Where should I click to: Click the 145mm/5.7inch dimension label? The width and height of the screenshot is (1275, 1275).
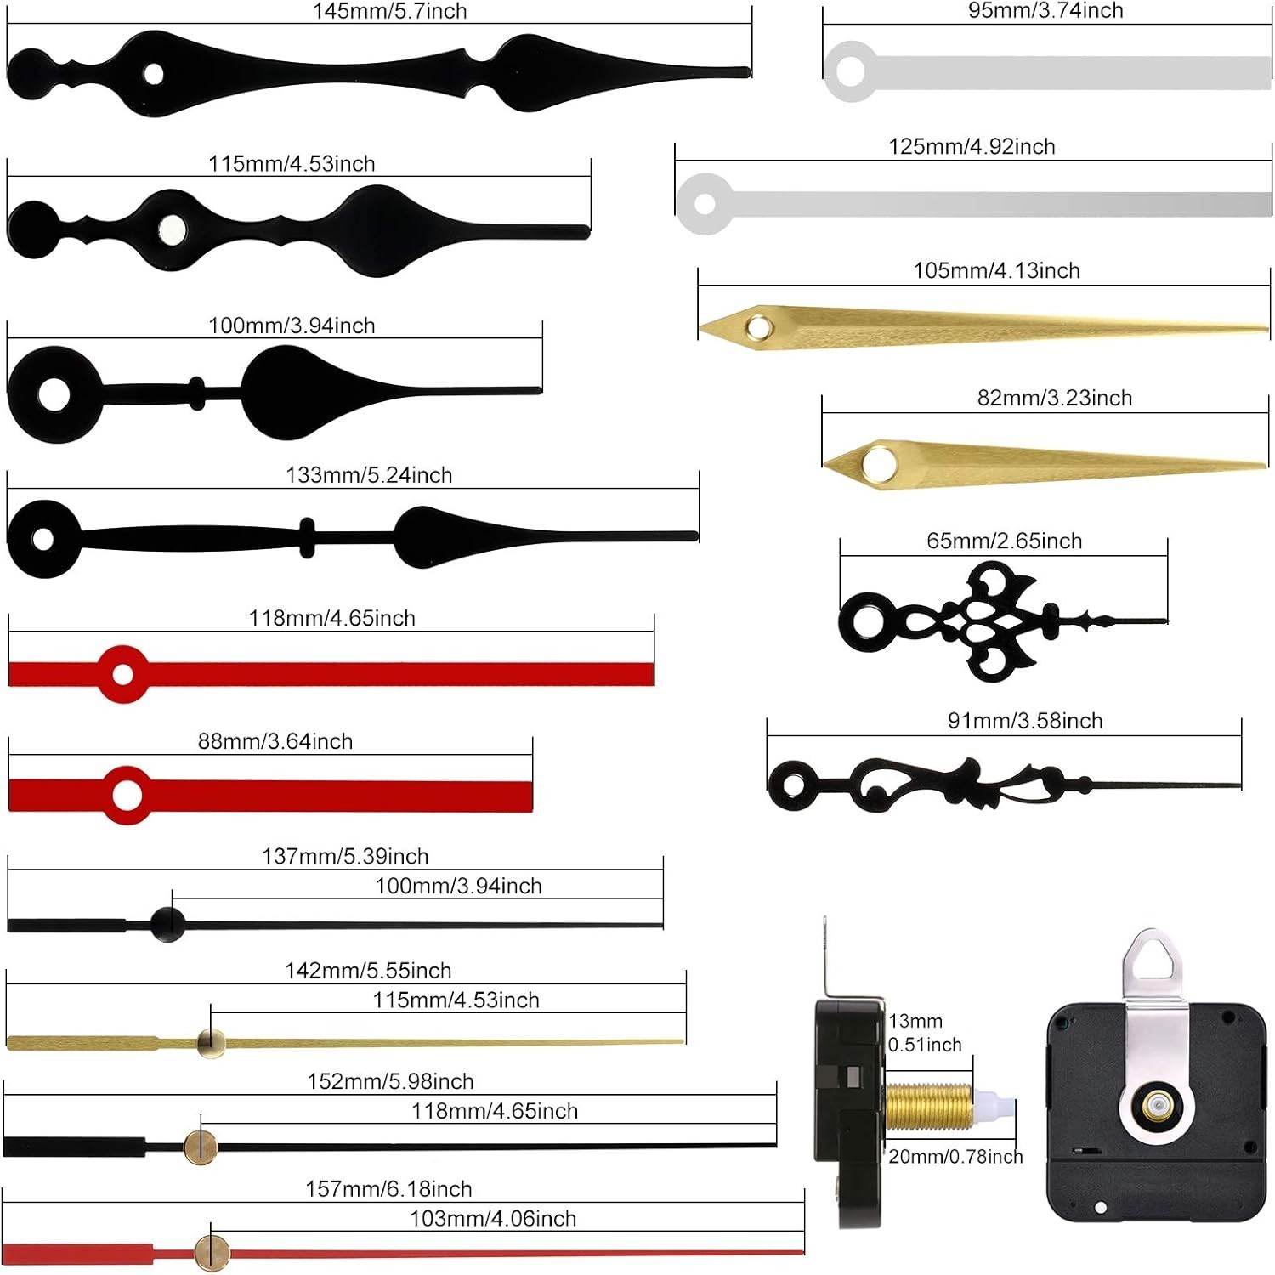[389, 11]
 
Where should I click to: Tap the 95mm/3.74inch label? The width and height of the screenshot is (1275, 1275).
[1045, 10]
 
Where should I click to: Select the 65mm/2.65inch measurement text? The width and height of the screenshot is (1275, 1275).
[1004, 541]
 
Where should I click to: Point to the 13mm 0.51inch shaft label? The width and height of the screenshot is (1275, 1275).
[925, 1032]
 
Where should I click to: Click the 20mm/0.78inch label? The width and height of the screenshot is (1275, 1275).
[955, 1156]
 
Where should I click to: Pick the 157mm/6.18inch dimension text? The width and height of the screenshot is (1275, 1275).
[388, 1188]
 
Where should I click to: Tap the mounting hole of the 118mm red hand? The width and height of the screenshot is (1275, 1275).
[123, 675]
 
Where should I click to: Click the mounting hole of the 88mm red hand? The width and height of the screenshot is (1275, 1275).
[127, 796]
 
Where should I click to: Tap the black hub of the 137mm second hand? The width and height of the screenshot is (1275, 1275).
[167, 924]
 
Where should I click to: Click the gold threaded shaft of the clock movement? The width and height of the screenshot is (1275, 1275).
[928, 1107]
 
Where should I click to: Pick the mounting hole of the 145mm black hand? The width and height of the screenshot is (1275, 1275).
[154, 73]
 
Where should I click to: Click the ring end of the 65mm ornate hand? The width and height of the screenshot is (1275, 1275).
[867, 619]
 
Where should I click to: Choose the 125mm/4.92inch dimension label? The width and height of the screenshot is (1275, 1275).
[972, 146]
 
